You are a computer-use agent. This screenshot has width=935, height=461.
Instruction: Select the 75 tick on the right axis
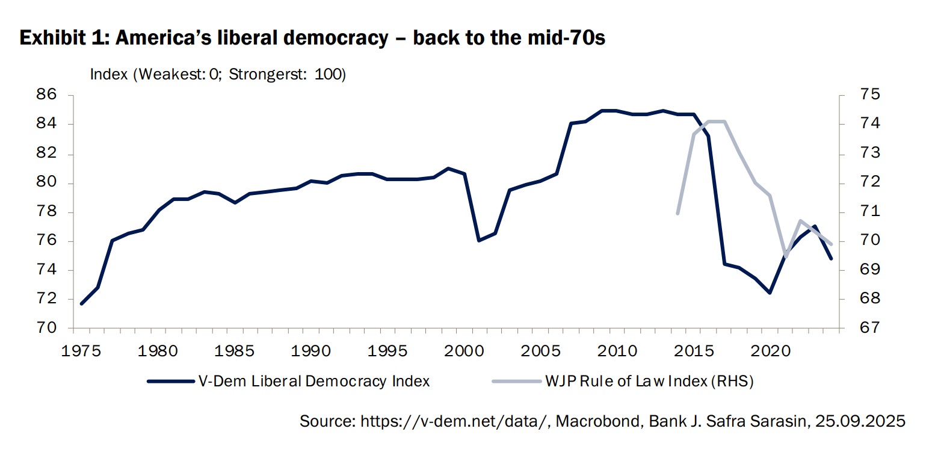[854, 95]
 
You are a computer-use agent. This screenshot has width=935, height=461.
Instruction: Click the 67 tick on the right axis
[854, 329]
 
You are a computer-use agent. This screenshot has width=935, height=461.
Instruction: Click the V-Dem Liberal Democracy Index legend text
[313, 381]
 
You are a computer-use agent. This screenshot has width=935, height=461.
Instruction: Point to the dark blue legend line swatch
[170, 381]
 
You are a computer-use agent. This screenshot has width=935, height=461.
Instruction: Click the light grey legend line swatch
[515, 381]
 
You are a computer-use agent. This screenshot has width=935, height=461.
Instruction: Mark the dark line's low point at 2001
[479, 241]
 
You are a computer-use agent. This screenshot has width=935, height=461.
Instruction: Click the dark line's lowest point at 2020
[770, 292]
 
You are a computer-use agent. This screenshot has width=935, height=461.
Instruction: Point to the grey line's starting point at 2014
[678, 214]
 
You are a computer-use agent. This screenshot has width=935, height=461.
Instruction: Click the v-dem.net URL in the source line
[455, 421]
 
